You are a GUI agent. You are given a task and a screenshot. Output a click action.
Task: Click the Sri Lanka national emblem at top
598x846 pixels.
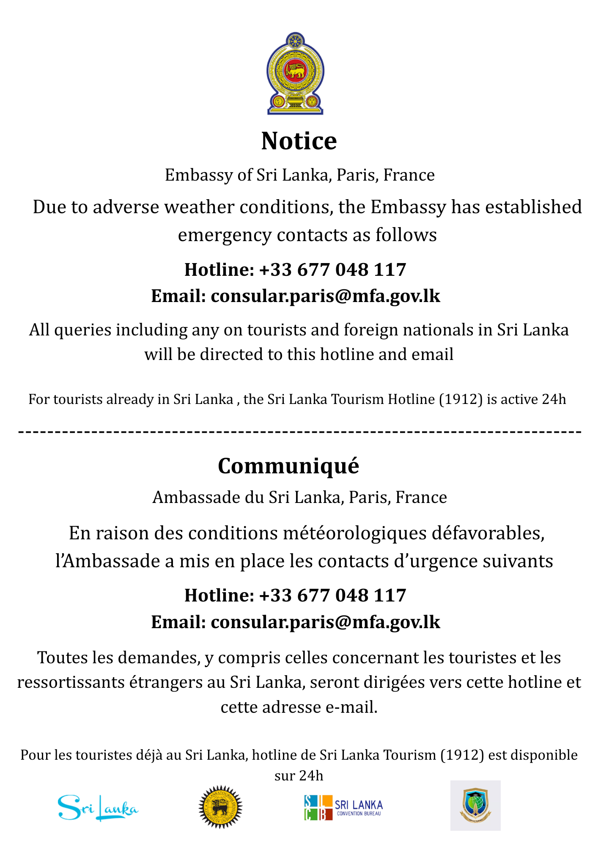point(295,74)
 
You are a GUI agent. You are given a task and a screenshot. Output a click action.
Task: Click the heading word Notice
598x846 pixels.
point(299,141)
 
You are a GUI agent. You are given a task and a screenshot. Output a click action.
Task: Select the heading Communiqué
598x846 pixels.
point(288,466)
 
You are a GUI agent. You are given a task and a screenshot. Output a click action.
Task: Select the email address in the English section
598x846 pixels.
point(325,296)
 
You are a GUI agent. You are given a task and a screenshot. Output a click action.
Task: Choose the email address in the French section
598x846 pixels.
point(325,622)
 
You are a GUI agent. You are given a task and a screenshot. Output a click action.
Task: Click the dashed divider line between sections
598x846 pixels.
point(299,432)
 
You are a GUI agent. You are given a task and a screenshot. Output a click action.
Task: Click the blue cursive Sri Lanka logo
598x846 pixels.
point(98,808)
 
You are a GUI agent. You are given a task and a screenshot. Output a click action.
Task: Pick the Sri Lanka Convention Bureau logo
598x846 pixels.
point(343,808)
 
